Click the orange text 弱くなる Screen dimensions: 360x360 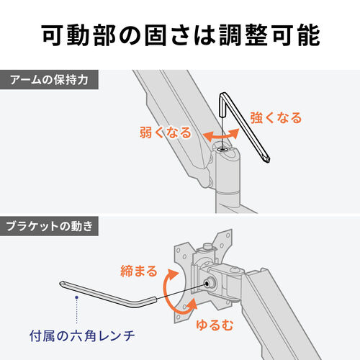tap(166, 132)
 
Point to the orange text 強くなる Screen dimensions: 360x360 tap(276, 117)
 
